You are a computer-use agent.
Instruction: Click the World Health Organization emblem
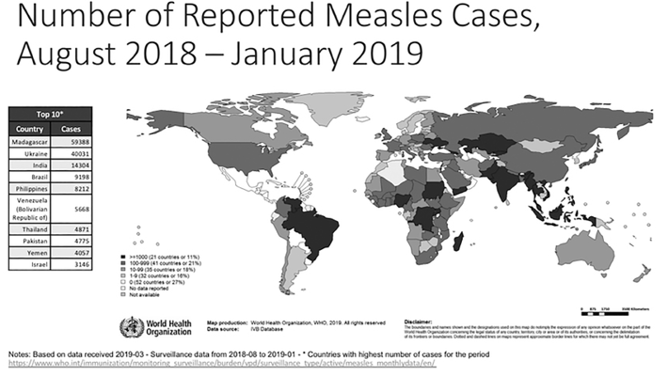128,327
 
